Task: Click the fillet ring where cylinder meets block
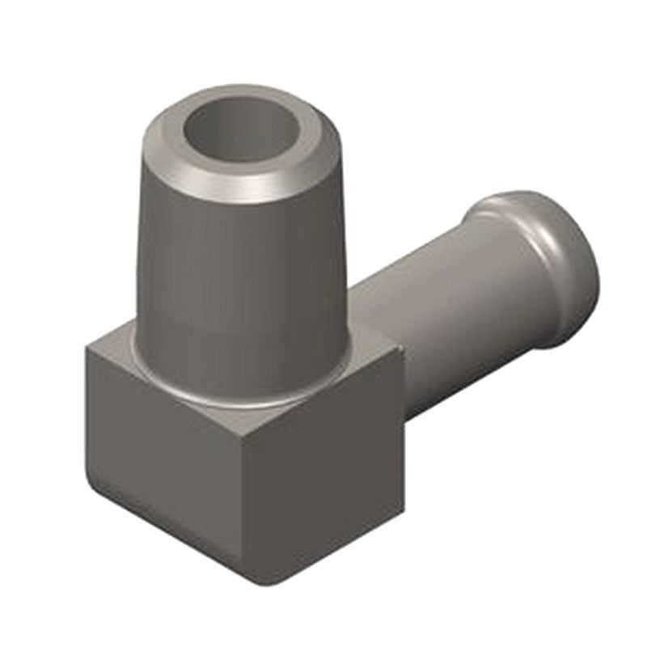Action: pos(243,398)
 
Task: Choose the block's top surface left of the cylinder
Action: pos(121,356)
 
